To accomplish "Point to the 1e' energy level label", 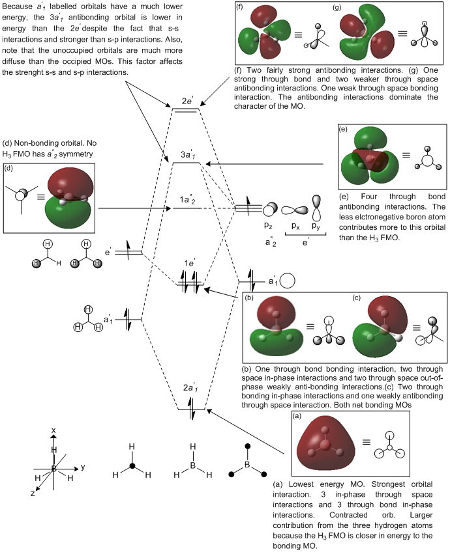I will click(190, 262).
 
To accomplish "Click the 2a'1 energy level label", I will click(191, 388).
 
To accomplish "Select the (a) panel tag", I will click(297, 415).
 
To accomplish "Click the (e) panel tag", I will click(343, 130).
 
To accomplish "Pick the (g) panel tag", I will click(337, 8).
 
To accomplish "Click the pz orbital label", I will click(268, 225).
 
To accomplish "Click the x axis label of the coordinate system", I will click(55, 431).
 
